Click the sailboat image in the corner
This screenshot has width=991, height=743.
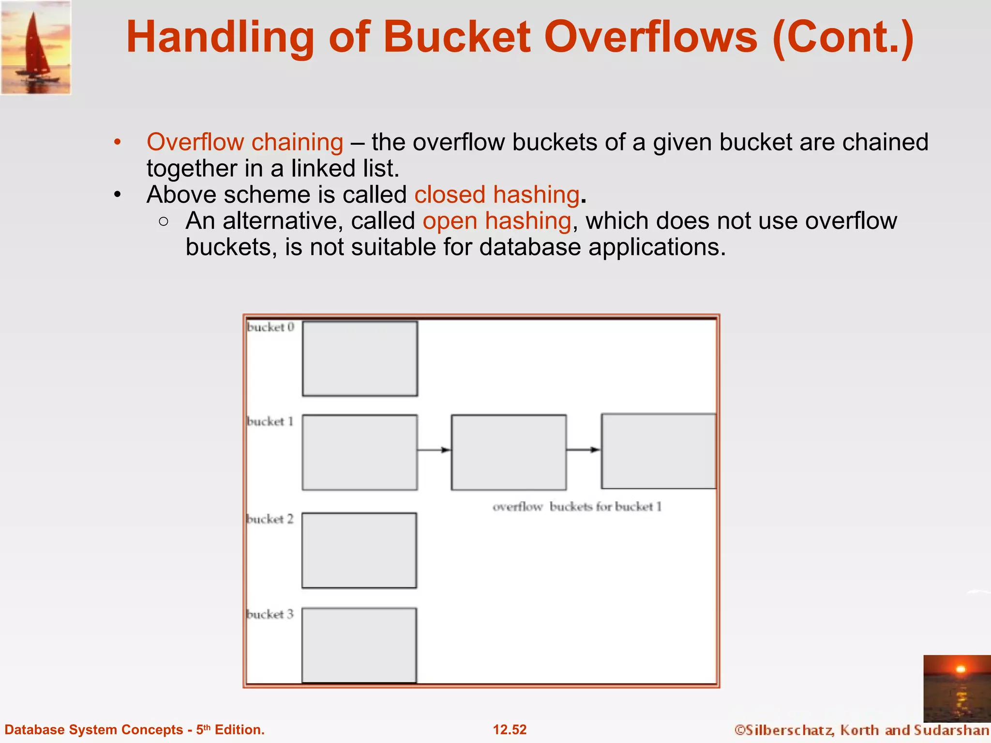click(x=36, y=47)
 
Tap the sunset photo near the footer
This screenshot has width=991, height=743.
click(x=957, y=688)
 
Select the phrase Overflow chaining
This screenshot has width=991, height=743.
click(x=245, y=142)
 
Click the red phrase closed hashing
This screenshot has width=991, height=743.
click(x=497, y=194)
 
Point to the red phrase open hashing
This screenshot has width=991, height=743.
click(x=497, y=221)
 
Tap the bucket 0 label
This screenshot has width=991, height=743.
click(x=270, y=327)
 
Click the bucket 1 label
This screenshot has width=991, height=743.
click(x=270, y=421)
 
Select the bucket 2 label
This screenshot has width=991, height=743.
click(x=270, y=519)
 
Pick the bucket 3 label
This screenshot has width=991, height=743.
click(x=270, y=614)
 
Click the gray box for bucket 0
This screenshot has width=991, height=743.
click(x=360, y=358)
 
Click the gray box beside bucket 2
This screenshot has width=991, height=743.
click(x=359, y=550)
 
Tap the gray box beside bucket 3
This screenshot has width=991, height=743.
click(x=359, y=645)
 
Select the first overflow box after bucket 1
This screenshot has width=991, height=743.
click(x=509, y=452)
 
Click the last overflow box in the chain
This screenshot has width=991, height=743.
click(x=658, y=451)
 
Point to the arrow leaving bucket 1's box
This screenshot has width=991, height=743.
click(x=434, y=450)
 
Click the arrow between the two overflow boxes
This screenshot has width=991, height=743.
click(x=583, y=450)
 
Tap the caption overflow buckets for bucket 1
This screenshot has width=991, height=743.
click(x=577, y=506)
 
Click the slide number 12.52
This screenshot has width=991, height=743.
click(x=510, y=729)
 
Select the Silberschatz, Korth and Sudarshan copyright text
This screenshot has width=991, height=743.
click(x=861, y=730)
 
